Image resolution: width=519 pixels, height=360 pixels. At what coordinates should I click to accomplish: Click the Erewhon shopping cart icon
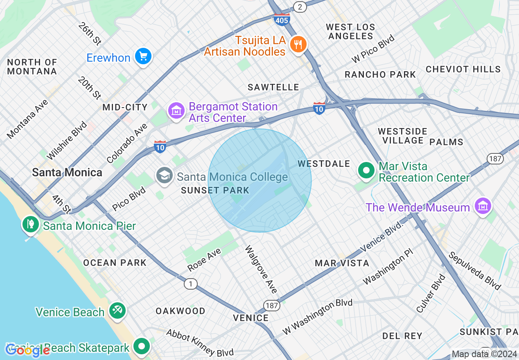pyautogui.click(x=143, y=56)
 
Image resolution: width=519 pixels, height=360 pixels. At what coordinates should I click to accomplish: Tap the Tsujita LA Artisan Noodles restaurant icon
pyautogui.click(x=298, y=44)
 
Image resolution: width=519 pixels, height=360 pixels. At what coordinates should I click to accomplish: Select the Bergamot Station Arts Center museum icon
pyautogui.click(x=176, y=110)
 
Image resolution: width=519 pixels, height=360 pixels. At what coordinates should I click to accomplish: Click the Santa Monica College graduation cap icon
pyautogui.click(x=165, y=176)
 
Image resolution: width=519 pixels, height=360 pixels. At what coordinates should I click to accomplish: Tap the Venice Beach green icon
pyautogui.click(x=117, y=311)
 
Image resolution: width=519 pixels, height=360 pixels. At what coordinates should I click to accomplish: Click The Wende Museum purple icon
pyautogui.click(x=483, y=206)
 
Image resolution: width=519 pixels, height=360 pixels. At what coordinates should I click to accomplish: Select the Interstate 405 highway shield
pyautogui.click(x=282, y=19)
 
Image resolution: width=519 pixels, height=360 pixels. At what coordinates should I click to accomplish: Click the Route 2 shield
pyautogui.click(x=300, y=6)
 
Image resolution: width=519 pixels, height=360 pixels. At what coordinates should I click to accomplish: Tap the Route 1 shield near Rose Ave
pyautogui.click(x=190, y=283)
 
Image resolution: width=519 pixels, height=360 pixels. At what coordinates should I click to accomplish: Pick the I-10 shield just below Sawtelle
pyautogui.click(x=319, y=108)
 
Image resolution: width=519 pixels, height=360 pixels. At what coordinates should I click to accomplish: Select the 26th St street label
pyautogui.click(x=90, y=33)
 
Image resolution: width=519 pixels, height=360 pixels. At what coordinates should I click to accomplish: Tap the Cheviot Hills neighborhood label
pyautogui.click(x=463, y=69)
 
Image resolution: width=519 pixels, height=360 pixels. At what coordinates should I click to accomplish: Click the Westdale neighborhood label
pyautogui.click(x=324, y=164)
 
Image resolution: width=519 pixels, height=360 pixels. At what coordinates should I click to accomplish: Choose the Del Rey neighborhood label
pyautogui.click(x=402, y=336)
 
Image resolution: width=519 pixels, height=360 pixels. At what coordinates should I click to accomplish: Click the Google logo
pyautogui.click(x=27, y=350)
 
